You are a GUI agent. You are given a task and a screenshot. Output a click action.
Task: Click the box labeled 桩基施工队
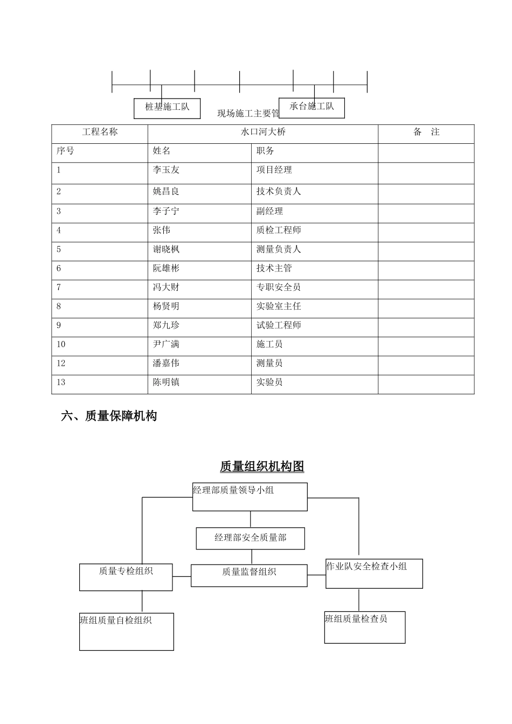click(x=167, y=108)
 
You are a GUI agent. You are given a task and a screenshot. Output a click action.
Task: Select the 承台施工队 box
click(x=312, y=107)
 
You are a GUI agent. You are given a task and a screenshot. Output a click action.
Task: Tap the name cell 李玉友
click(x=166, y=170)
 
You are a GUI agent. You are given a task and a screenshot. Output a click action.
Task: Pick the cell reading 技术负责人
click(x=279, y=191)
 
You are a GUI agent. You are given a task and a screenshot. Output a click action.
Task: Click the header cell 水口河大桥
click(x=262, y=132)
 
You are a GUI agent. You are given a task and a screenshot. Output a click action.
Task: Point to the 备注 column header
click(x=426, y=132)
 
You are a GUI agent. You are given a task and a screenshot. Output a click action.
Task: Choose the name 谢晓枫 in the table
click(x=166, y=249)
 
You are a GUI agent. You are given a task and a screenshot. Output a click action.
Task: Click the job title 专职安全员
click(x=279, y=287)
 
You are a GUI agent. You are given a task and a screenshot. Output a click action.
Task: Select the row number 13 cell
click(x=61, y=382)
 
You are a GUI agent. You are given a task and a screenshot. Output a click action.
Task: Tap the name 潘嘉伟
click(x=166, y=364)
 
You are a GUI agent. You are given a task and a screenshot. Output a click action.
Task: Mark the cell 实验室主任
click(x=279, y=307)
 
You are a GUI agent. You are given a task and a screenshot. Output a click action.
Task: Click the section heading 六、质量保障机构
click(x=109, y=416)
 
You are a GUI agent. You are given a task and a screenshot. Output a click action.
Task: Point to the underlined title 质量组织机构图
click(x=262, y=467)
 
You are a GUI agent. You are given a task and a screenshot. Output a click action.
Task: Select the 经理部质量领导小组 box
click(x=250, y=497)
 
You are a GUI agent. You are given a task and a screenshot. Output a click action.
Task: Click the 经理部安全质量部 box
click(x=250, y=538)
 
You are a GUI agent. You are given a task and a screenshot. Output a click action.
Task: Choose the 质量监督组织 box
click(x=249, y=575)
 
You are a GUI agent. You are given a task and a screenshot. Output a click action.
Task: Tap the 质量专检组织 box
click(x=126, y=576)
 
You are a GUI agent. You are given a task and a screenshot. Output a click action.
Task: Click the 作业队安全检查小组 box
click(x=374, y=573)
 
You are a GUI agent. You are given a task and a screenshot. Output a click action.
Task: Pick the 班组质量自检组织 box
click(x=127, y=631)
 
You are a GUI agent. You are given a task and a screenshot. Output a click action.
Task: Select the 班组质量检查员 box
click(x=364, y=627)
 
